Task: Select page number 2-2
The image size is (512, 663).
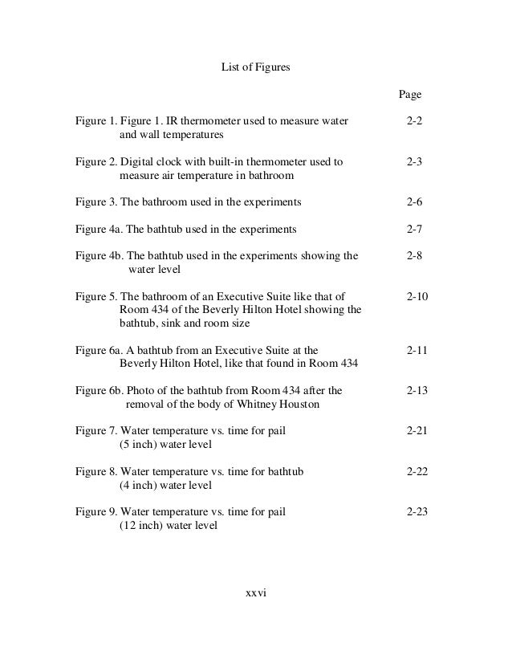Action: (x=415, y=121)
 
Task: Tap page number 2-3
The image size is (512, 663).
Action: (x=415, y=162)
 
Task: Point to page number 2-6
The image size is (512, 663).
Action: (x=415, y=202)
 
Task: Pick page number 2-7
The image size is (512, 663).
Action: (x=415, y=230)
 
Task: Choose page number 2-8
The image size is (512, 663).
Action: (x=415, y=257)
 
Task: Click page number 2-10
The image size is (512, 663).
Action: (x=417, y=297)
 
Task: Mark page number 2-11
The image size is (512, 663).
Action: (x=417, y=351)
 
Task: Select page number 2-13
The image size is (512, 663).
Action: (x=417, y=391)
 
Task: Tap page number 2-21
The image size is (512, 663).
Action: (x=417, y=432)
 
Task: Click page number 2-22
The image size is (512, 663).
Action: (x=417, y=472)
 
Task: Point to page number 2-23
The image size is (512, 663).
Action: (x=417, y=512)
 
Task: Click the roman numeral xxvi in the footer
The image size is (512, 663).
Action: (x=255, y=594)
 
